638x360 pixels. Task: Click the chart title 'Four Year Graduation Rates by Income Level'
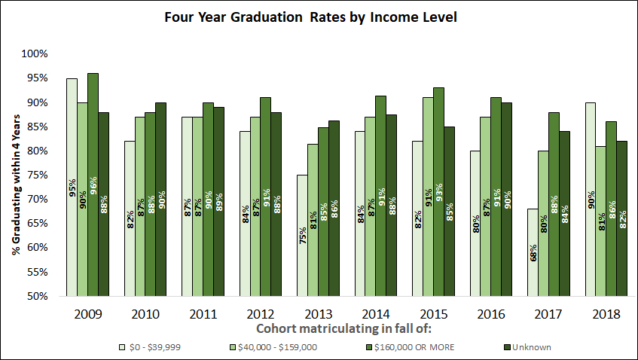pyautogui.click(x=320, y=16)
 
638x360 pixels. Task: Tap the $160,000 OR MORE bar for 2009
pyautogui.click(x=93, y=185)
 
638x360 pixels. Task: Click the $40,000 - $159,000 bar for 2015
pyautogui.click(x=427, y=197)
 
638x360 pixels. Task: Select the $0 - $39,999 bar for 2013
pyautogui.click(x=302, y=235)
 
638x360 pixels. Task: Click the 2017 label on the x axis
pyautogui.click(x=548, y=313)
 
